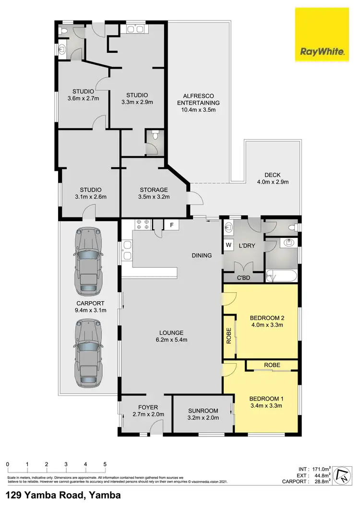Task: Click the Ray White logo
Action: tap(322, 34)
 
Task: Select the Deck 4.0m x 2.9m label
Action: tap(275, 178)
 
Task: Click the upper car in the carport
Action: tap(88, 262)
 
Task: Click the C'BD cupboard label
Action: tap(243, 278)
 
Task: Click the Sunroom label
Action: tap(204, 414)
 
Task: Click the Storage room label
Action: tap(154, 193)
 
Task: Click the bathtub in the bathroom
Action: tap(282, 276)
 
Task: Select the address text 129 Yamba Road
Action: tap(63, 495)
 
